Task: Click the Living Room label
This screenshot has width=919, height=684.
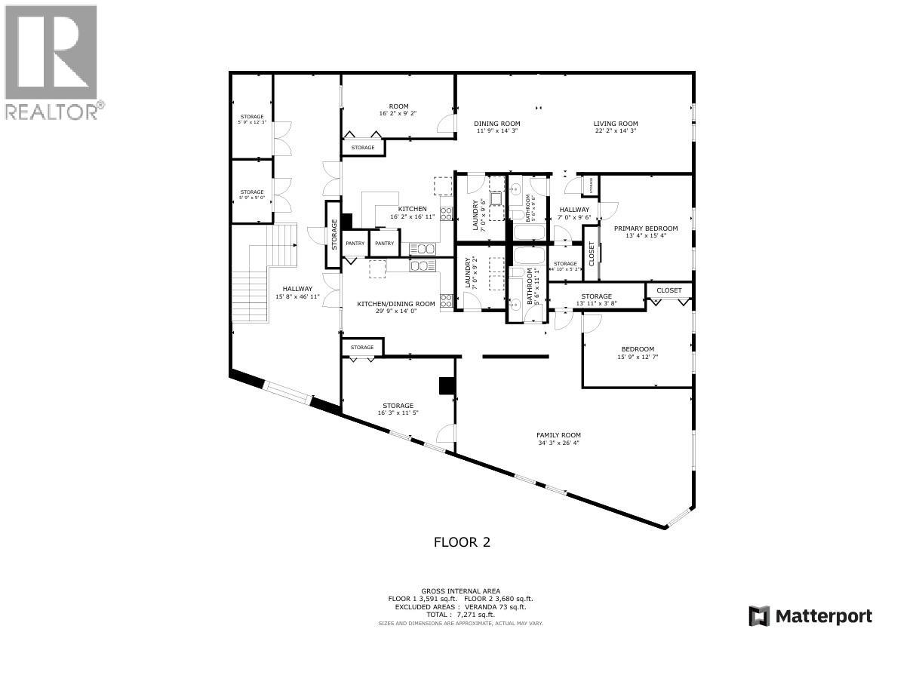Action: click(x=616, y=124)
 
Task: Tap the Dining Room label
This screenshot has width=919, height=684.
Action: click(x=497, y=124)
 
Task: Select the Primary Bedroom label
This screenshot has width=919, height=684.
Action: click(x=645, y=229)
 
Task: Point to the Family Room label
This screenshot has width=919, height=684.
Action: click(x=558, y=435)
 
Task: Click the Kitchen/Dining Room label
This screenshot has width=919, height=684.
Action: click(x=396, y=304)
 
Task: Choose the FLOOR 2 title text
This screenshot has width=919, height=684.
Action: click(x=462, y=541)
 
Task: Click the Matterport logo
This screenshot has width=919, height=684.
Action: click(x=810, y=616)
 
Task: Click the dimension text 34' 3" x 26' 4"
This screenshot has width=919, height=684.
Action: click(x=558, y=443)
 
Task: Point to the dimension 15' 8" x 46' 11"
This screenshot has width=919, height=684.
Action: click(x=297, y=296)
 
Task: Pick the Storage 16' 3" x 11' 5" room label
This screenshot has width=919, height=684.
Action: click(x=398, y=406)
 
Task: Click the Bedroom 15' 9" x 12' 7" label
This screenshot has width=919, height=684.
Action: click(x=638, y=349)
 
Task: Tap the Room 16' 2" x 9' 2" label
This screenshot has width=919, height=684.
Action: click(x=398, y=106)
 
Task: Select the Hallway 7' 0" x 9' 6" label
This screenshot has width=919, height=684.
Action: click(x=574, y=210)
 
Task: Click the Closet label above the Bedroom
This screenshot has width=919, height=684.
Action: click(x=669, y=290)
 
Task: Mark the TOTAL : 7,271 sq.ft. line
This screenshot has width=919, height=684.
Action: click(x=460, y=615)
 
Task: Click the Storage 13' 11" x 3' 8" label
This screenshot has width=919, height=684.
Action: click(x=596, y=296)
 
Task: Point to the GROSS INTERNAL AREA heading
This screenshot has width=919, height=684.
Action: click(x=460, y=591)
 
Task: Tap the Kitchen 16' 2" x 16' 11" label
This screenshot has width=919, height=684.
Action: click(x=413, y=209)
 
